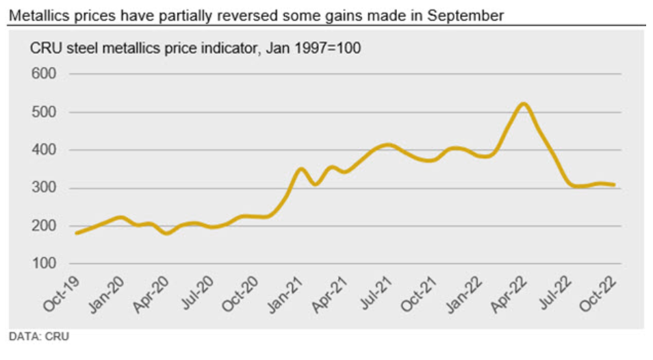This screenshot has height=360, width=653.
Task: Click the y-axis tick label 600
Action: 44,74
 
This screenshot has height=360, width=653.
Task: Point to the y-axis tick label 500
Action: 44,112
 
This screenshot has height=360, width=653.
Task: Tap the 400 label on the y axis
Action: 44,150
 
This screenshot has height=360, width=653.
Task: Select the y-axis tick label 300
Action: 44,188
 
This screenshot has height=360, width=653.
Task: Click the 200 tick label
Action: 44,227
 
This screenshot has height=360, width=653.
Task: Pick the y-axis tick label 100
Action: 44,264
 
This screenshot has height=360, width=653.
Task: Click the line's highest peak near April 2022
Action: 524,104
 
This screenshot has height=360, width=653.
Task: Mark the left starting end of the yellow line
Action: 77,233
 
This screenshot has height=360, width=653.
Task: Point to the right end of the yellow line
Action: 613,185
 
